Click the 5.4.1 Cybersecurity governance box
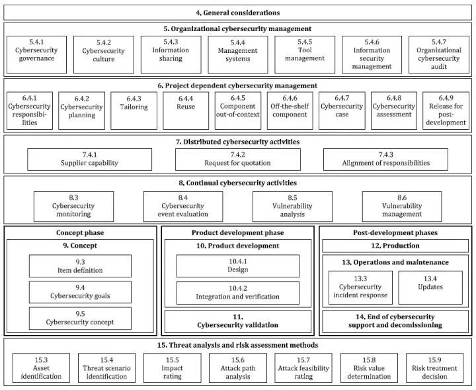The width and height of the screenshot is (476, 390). (36, 55)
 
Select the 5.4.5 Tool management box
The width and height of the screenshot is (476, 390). (305, 55)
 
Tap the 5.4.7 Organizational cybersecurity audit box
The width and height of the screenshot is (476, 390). (439, 55)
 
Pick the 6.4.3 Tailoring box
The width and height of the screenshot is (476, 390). (134, 111)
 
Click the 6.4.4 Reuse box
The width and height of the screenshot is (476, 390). (186, 111)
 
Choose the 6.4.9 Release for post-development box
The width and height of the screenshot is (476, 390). (446, 111)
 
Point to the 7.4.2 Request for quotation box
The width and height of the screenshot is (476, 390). (238, 160)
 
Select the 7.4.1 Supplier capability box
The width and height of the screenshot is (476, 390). (89, 160)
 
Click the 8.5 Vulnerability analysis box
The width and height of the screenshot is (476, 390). (292, 207)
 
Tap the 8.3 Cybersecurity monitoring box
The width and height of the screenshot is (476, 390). (74, 207)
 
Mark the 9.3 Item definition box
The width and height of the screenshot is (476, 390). (80, 266)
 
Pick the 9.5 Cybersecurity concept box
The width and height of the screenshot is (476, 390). (80, 318)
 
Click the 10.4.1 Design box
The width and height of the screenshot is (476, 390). (238, 266)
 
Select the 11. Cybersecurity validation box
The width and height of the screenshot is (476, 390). (238, 321)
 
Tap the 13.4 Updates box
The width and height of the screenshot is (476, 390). (430, 287)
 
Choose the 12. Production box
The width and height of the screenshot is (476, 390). (395, 246)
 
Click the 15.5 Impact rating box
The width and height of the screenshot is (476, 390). (172, 367)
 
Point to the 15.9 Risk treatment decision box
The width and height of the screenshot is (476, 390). (434, 367)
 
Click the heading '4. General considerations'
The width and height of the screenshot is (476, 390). (238, 13)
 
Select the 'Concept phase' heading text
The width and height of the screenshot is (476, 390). (80, 233)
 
